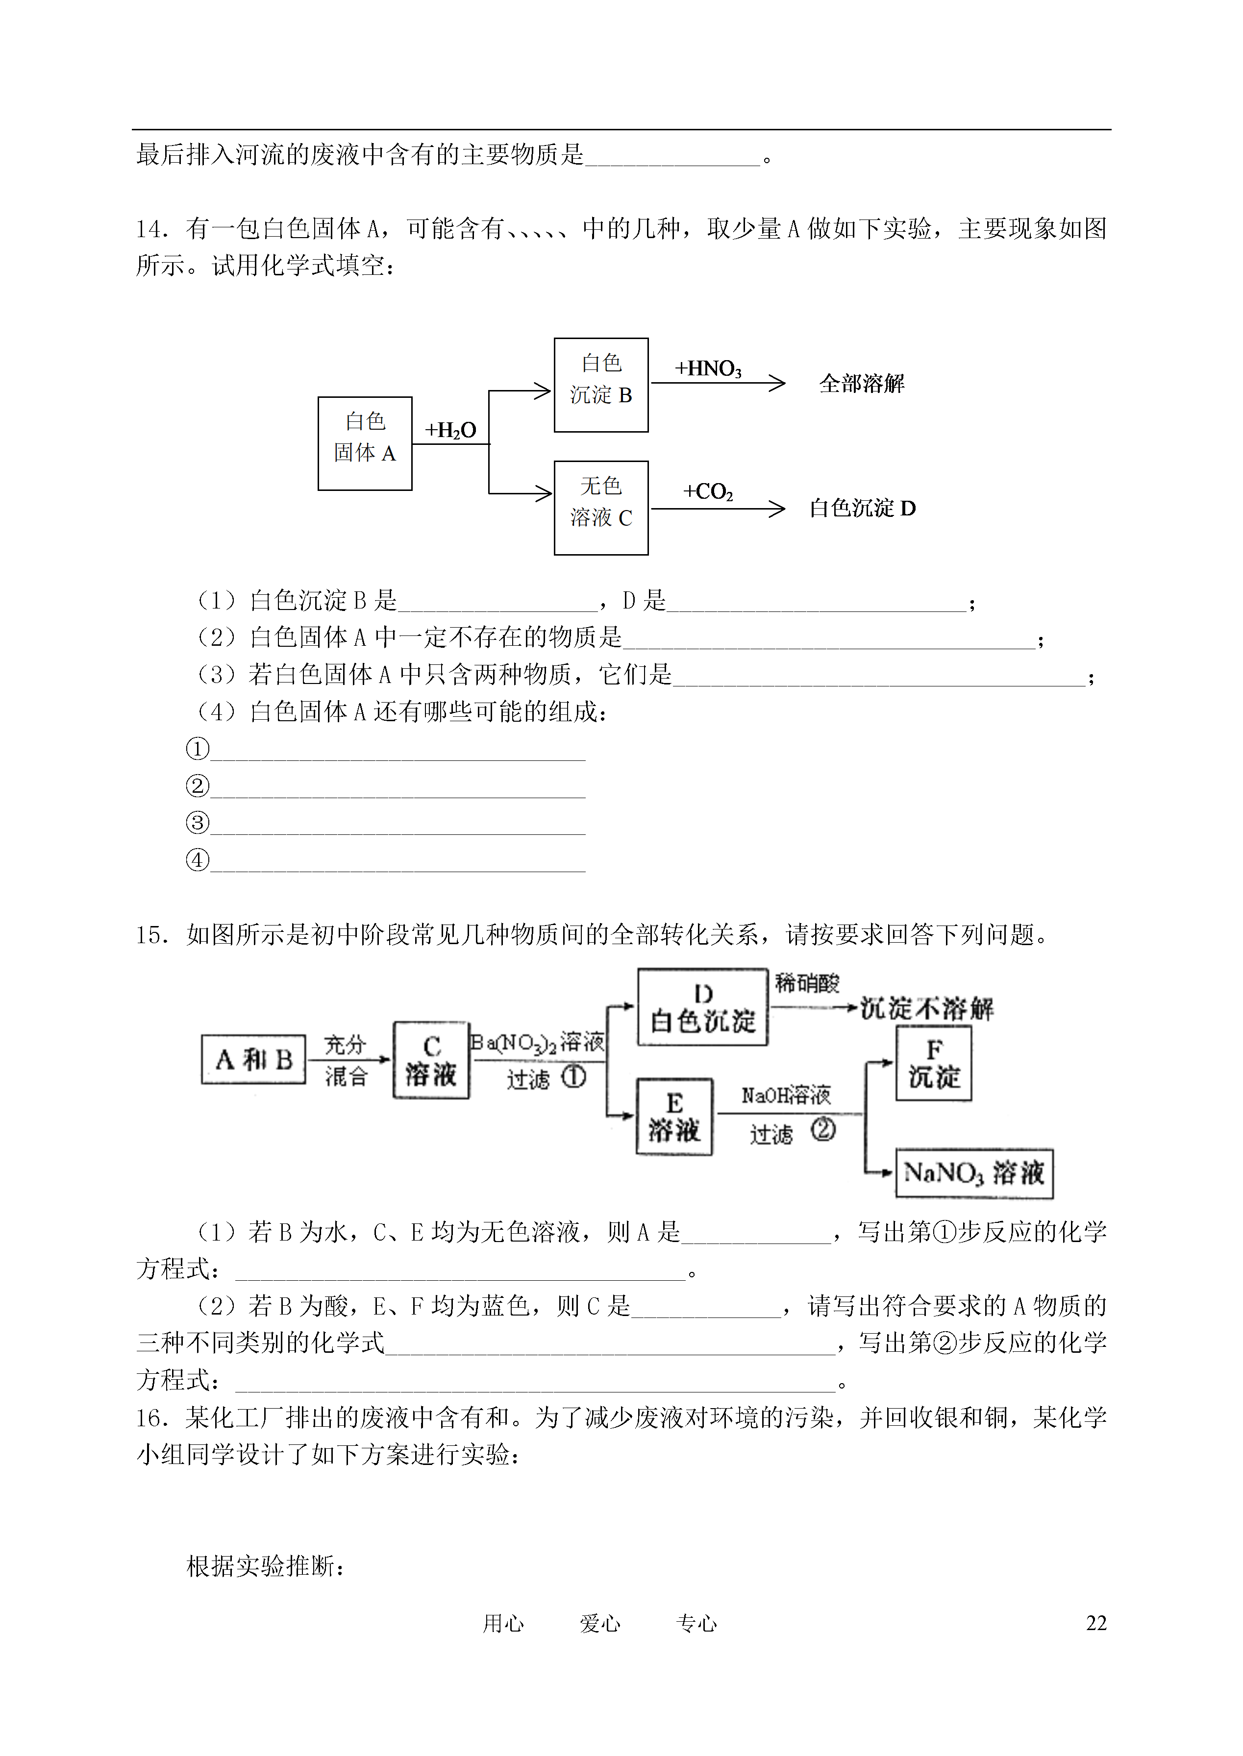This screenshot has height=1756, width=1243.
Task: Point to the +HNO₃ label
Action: point(708,369)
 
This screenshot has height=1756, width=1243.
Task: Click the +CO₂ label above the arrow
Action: point(708,491)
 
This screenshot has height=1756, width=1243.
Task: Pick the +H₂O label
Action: point(451,430)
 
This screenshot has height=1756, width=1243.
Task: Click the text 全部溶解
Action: point(862,383)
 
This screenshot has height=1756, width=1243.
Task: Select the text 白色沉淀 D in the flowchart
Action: point(863,508)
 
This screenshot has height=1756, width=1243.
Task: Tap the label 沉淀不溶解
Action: point(927,1008)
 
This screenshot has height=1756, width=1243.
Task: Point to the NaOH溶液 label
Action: point(786,1096)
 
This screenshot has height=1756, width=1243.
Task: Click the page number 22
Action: point(1096,1623)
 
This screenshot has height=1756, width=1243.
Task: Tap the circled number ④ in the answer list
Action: point(198,860)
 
